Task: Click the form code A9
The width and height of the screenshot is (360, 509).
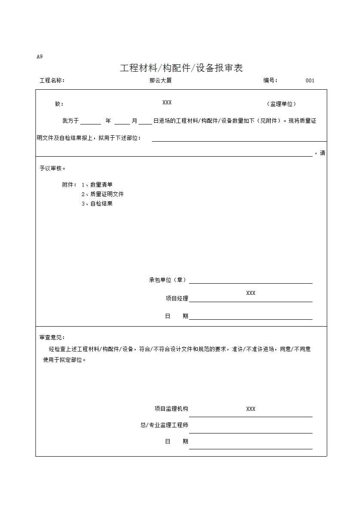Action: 40,56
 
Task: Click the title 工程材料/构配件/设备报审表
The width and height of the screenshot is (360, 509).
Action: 181,68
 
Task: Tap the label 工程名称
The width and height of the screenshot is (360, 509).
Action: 52,80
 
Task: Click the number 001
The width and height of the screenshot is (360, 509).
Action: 310,80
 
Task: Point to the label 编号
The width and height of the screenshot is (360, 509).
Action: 271,80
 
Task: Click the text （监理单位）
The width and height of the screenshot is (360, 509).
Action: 281,104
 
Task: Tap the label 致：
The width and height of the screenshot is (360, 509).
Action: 59,104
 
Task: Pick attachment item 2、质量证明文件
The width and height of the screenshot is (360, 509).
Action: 103,194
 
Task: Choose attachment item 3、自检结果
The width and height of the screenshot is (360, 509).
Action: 97,204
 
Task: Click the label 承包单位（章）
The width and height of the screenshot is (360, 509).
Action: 168,280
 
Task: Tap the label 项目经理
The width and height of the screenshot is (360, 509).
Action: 177,298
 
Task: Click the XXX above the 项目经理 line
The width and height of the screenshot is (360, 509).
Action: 251,293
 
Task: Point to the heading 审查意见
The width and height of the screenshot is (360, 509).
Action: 52,338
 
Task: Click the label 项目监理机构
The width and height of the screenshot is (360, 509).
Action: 171,409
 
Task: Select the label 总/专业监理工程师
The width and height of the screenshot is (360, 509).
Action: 164,425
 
